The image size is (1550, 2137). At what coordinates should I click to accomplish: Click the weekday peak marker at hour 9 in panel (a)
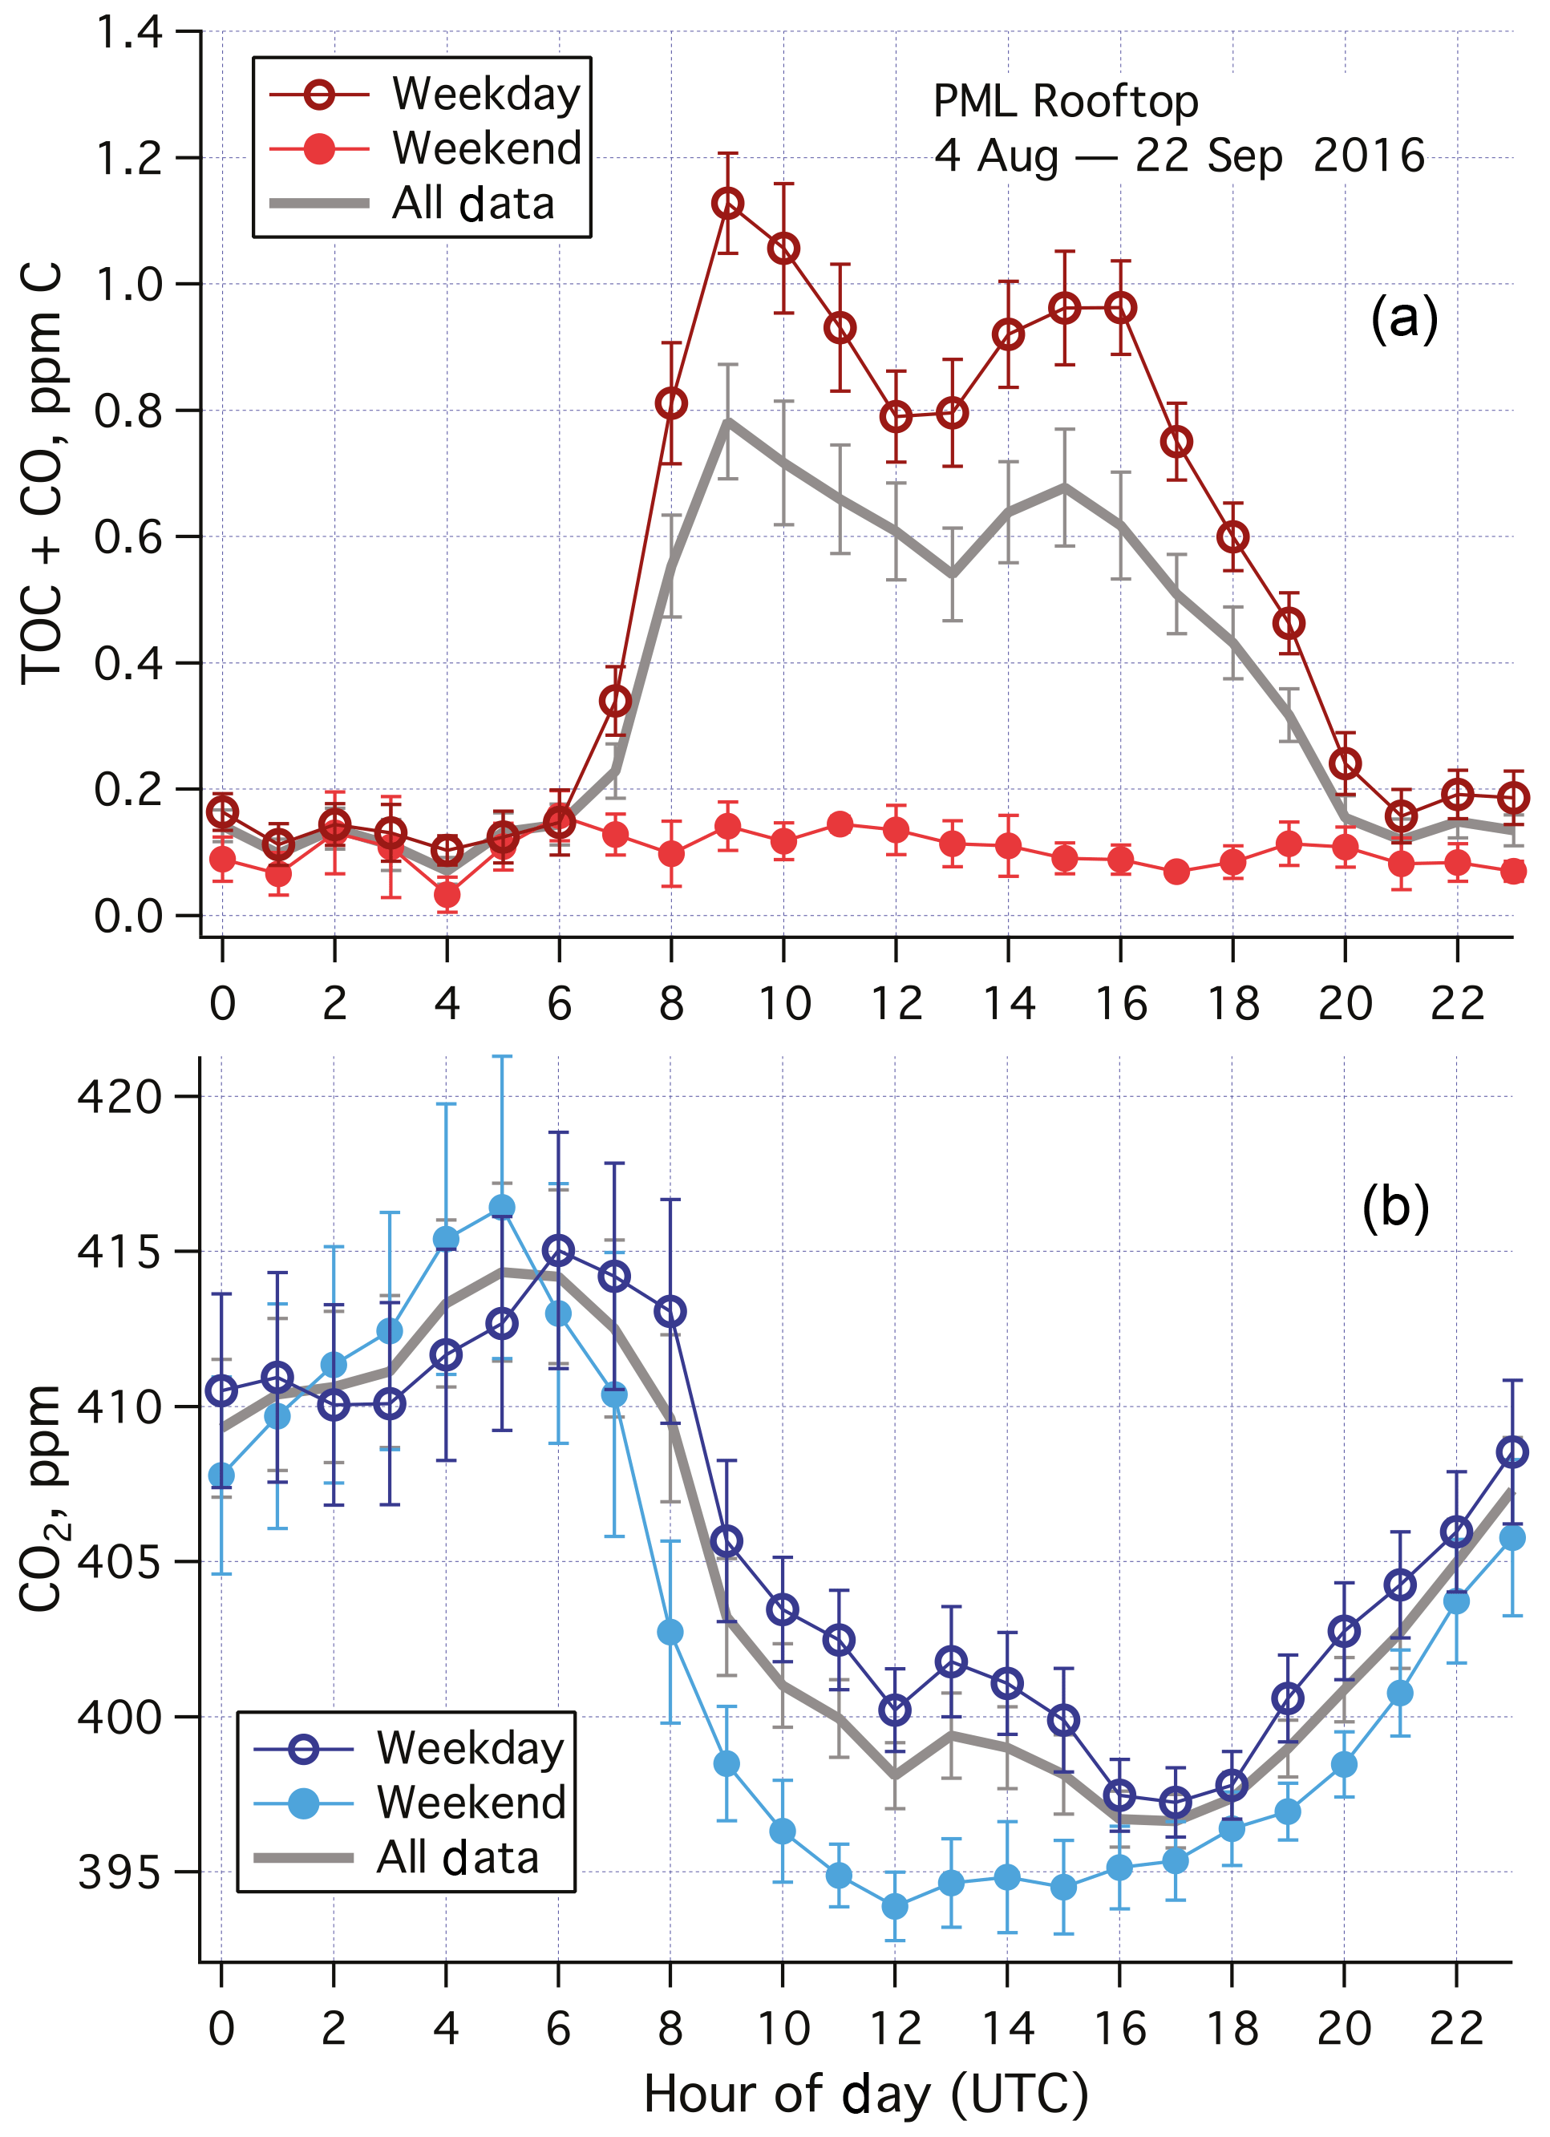coord(727,204)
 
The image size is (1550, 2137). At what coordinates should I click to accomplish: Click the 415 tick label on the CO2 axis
coord(119,1253)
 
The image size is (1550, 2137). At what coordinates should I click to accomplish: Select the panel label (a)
coord(1404,318)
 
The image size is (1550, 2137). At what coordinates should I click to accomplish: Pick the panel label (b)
coord(1395,1207)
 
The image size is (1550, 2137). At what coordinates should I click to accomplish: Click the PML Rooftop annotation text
coord(1066,101)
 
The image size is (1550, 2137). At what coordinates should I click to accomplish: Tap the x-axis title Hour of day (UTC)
coord(866,2095)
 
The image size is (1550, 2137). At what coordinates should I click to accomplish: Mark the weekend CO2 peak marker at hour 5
coord(502,1208)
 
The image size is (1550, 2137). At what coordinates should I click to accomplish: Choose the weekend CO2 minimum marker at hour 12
coord(895,1907)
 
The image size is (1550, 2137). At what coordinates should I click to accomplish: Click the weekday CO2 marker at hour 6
coord(559,1251)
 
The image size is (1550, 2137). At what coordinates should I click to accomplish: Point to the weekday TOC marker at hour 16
coord(1120,308)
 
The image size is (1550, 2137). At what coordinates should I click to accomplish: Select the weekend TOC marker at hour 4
coord(447,894)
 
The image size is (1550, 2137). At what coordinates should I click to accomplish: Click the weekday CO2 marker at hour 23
coord(1512,1452)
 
